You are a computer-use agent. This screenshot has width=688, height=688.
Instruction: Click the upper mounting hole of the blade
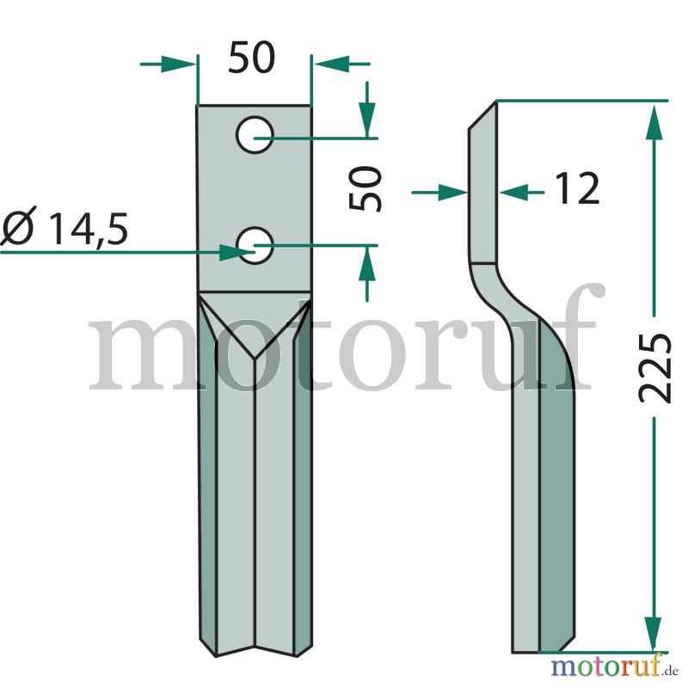click(x=255, y=135)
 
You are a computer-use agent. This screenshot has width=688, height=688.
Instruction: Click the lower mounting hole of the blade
click(x=255, y=246)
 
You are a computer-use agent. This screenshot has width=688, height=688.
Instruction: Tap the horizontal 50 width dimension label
click(x=251, y=58)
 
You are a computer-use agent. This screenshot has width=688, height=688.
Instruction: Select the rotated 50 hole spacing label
click(x=365, y=188)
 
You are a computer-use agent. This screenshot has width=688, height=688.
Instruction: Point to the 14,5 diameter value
click(x=89, y=229)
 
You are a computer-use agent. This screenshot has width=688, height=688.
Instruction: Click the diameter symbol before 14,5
click(x=17, y=228)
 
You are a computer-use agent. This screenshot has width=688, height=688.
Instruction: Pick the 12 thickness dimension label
click(x=577, y=188)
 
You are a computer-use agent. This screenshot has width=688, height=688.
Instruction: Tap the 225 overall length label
click(x=654, y=368)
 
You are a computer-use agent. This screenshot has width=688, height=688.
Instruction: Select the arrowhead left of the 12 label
click(x=453, y=192)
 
